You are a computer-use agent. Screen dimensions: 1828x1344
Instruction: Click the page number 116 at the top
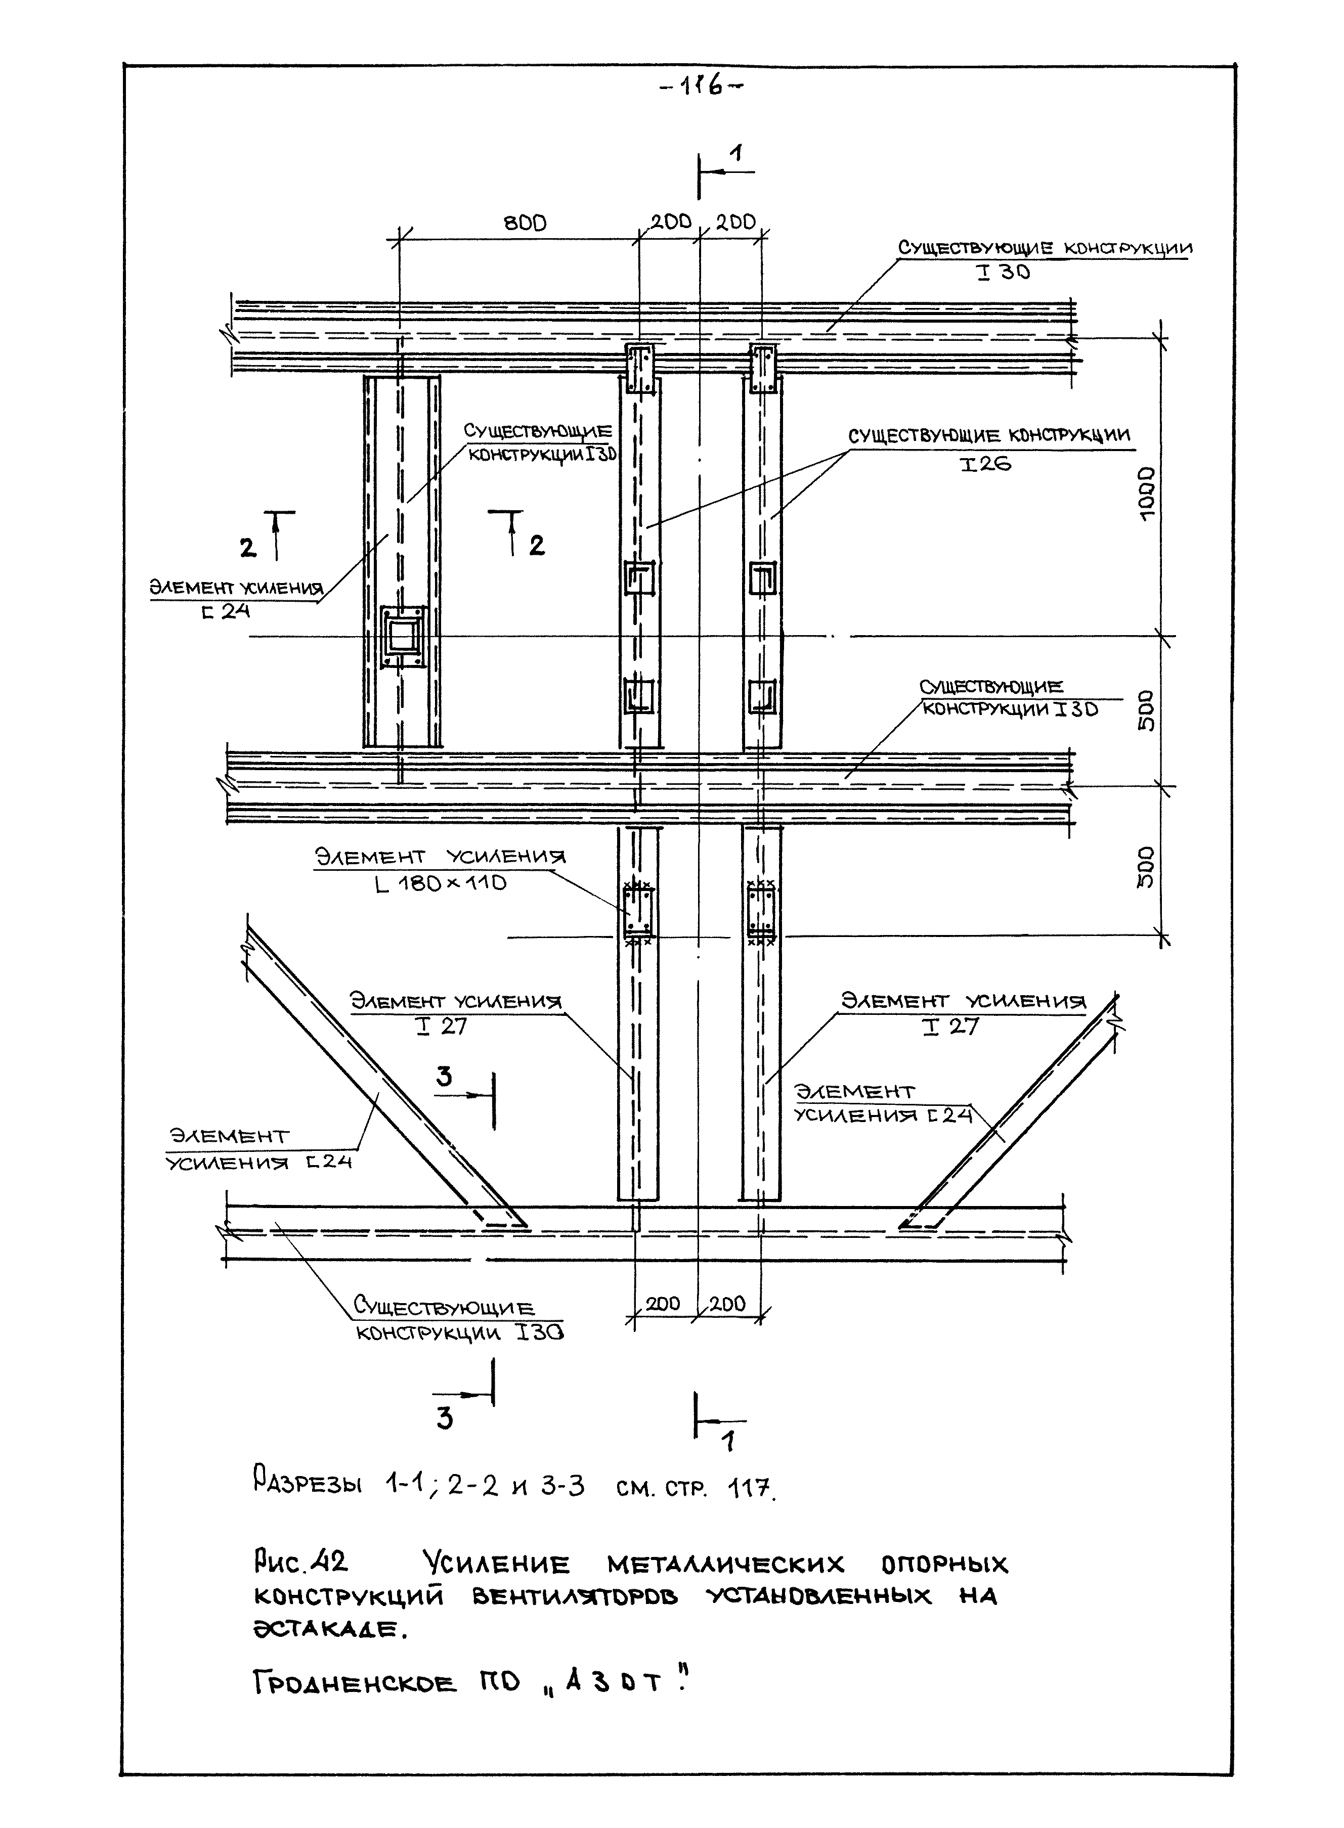(701, 86)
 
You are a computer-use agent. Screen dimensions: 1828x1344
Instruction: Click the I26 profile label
(985, 464)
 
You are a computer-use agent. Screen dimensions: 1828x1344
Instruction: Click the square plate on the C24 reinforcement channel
(402, 637)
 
